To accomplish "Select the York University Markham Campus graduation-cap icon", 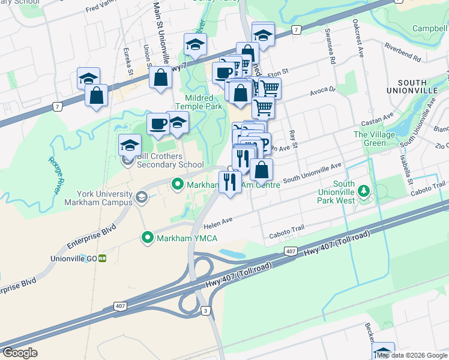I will pos(141,197).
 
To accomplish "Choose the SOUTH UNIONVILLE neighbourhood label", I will pos(420,88).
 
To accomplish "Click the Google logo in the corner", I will pos(20,353).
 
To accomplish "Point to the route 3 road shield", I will pos(206,310).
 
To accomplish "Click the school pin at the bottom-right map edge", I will pos(384,352).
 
